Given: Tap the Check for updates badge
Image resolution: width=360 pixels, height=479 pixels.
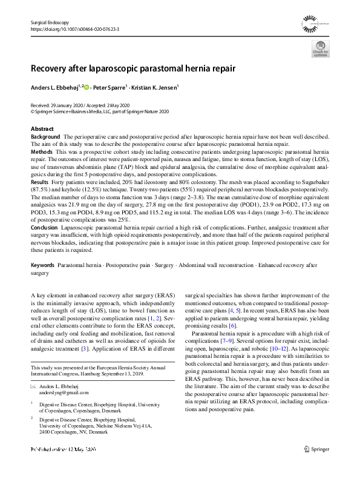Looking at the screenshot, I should click(321, 52).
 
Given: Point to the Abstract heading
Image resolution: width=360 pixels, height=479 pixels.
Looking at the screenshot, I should click(42, 130).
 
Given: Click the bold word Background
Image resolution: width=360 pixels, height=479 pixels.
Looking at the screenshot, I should click(45, 137).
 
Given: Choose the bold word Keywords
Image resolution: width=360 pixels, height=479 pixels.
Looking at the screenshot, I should click(43, 266).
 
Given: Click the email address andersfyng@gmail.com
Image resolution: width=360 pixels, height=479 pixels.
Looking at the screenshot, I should click(60, 392).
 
